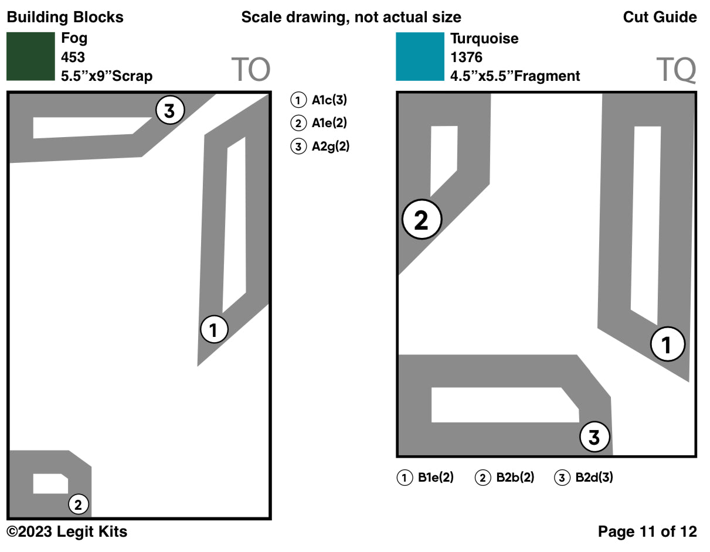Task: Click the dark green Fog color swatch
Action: (x=30, y=56)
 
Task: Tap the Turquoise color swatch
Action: (x=420, y=56)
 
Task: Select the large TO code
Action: (x=250, y=70)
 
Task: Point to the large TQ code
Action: (x=676, y=70)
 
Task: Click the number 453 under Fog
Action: (x=73, y=57)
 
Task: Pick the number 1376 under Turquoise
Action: (x=466, y=57)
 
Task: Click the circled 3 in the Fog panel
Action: (x=170, y=110)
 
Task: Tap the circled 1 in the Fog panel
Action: (x=214, y=330)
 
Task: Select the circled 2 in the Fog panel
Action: (x=79, y=503)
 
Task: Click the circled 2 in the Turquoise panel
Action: (x=422, y=220)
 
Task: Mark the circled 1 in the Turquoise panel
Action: (x=667, y=345)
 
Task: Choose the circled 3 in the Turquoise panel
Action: (x=595, y=437)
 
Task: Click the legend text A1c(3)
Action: (x=329, y=100)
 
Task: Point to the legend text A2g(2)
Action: (x=330, y=146)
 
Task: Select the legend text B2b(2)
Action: (x=515, y=478)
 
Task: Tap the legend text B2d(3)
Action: (x=594, y=478)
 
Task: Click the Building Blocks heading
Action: (x=65, y=17)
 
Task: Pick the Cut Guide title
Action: (x=660, y=17)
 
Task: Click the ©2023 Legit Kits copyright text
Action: (x=67, y=532)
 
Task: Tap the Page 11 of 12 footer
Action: (x=647, y=532)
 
